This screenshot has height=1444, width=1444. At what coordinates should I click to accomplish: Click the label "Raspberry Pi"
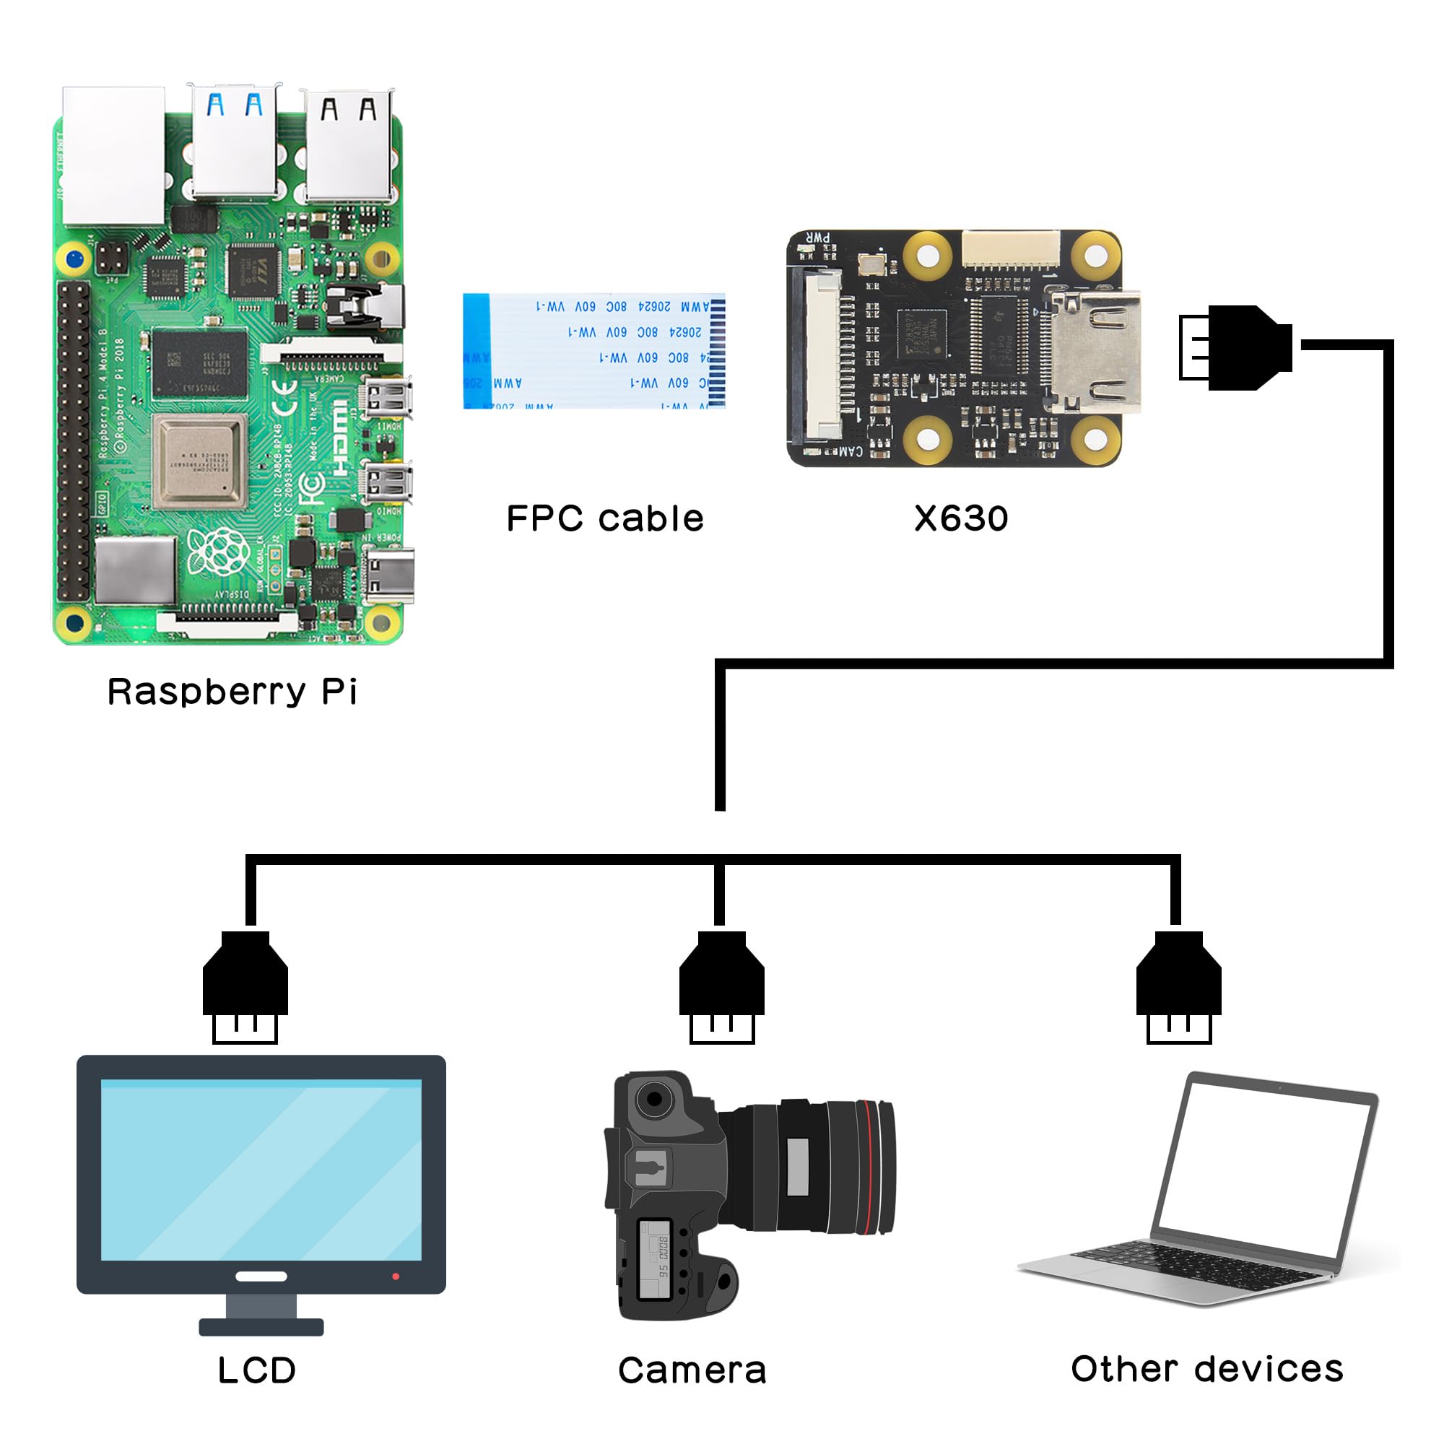[232, 692]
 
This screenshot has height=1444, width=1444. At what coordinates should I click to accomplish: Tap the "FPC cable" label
[604, 518]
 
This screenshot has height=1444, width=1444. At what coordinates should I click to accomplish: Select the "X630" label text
[961, 518]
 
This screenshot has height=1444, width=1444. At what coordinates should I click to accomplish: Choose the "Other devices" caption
[1206, 1368]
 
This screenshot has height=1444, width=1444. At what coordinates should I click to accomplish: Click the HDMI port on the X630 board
[1097, 351]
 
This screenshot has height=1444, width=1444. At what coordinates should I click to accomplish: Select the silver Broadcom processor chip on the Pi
[199, 461]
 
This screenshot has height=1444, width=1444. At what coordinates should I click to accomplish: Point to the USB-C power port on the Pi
[389, 575]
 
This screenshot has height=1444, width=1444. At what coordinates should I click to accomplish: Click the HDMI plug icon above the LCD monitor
[245, 986]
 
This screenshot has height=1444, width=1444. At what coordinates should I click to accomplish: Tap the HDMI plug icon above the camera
[721, 986]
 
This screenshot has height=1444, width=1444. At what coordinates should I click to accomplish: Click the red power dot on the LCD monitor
[396, 1276]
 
